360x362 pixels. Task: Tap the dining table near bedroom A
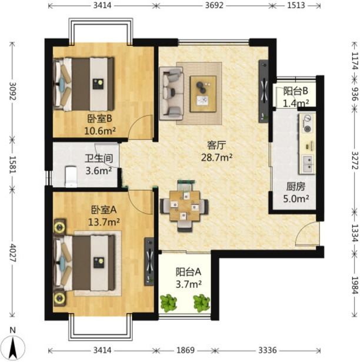[x=184, y=205]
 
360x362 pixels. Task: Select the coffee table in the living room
[x=203, y=94]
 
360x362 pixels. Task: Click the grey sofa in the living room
[x=171, y=93]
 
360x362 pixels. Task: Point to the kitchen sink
[x=307, y=164]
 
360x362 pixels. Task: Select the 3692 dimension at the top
[x=214, y=5]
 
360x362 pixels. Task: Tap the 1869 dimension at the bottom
[x=185, y=350]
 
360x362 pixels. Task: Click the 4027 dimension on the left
[x=12, y=253]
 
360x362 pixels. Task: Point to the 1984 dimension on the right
[x=355, y=285]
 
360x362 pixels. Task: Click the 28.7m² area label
[x=216, y=158]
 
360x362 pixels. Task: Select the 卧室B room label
[x=99, y=119]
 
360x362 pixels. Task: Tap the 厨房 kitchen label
[x=296, y=187]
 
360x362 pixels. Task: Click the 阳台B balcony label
[x=296, y=91]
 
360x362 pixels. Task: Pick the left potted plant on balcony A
[x=168, y=303]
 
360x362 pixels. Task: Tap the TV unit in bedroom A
[x=149, y=261]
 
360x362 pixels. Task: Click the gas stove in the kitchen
[x=307, y=124]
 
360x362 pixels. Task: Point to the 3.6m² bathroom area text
[x=99, y=171]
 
